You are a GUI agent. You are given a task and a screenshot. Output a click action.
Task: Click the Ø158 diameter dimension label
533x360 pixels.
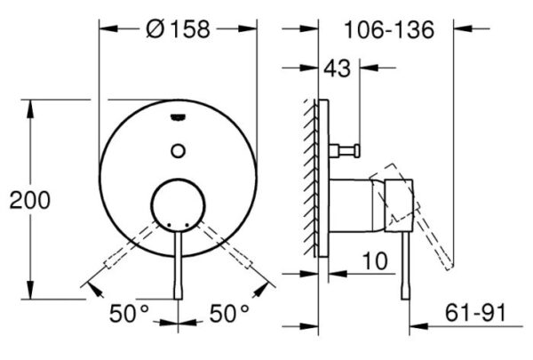[178, 29]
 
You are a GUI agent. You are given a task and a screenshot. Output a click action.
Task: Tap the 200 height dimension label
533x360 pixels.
[30, 200]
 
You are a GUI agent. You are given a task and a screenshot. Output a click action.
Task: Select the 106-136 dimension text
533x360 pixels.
[389, 29]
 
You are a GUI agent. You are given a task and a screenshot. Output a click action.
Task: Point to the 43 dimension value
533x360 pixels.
[337, 68]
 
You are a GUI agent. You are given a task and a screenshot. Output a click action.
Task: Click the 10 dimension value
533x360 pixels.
[375, 261]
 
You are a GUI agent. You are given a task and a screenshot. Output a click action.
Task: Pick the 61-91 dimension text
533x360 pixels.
[475, 312]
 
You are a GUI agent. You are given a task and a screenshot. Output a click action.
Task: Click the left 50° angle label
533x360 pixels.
[129, 313]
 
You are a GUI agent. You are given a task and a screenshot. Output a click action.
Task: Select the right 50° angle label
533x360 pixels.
[229, 313]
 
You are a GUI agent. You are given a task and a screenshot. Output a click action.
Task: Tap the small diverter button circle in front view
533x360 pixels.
[178, 151]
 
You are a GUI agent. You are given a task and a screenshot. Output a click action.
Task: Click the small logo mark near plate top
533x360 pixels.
[178, 117]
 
